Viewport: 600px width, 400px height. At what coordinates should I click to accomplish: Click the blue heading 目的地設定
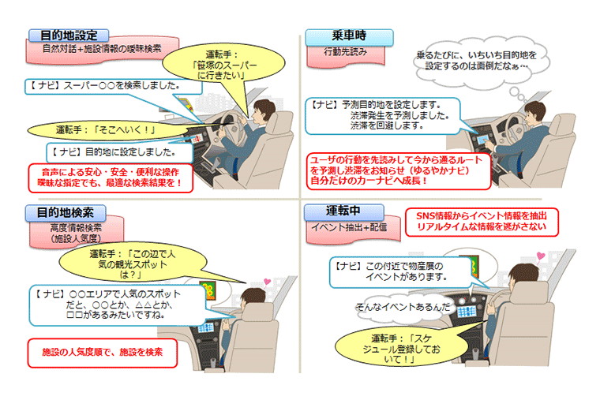pos(69,36)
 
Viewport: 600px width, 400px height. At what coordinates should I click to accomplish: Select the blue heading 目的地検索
pos(66,212)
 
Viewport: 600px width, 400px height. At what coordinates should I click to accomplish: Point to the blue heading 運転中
pos(343,211)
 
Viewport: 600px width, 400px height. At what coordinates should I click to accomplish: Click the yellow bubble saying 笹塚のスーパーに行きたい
pos(223,64)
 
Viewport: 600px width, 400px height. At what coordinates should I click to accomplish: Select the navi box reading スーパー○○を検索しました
pos(113,87)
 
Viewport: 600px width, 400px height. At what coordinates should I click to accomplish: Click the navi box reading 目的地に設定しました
pos(119,152)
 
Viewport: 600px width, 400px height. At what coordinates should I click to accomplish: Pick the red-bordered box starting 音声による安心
pos(111,178)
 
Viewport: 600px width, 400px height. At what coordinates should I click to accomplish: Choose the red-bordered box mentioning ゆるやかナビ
pos(399,171)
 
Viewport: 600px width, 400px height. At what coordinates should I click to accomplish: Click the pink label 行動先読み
pos(346,54)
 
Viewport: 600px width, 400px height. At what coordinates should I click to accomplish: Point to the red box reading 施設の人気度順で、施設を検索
pos(103,353)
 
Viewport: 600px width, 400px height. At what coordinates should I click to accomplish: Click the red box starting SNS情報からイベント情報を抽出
pos(482,222)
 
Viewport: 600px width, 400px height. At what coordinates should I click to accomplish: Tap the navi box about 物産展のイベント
pos(400,272)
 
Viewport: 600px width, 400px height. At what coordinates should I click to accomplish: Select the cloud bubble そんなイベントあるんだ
pos(403,307)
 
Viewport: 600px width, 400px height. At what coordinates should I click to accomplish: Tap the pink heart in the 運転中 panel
pos(541,256)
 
